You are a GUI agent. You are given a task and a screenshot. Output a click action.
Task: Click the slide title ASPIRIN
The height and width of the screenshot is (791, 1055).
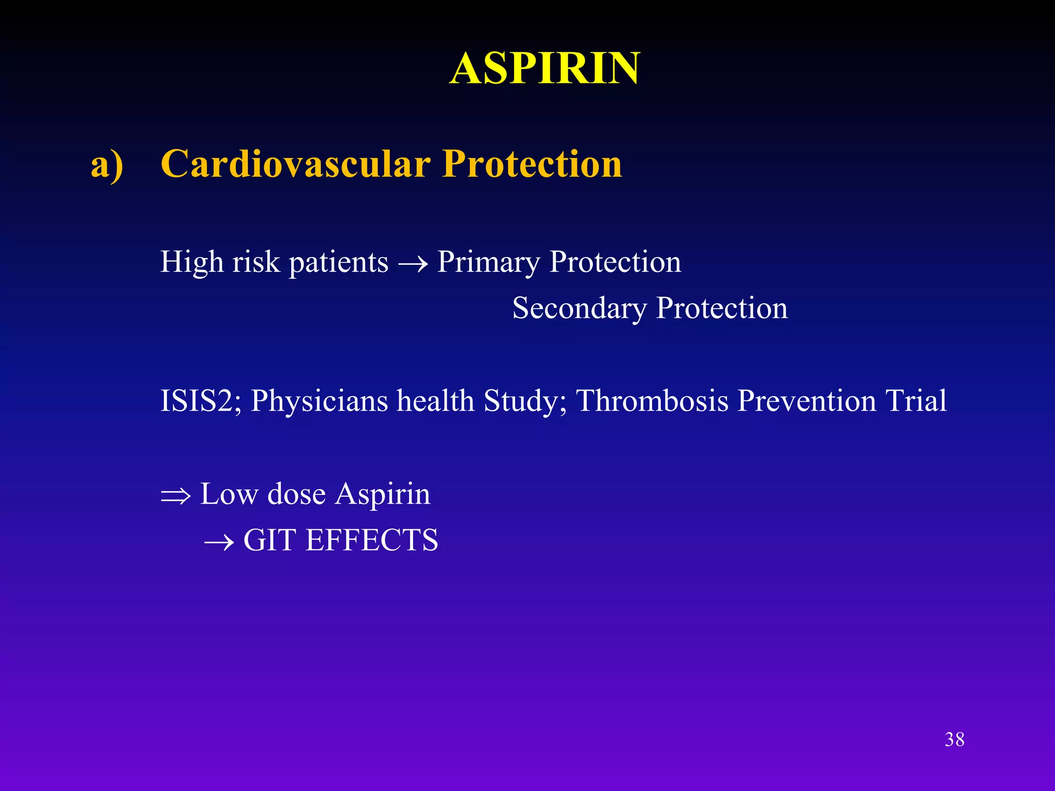tap(544, 68)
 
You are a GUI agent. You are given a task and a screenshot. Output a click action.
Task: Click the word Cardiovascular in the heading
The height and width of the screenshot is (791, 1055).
tap(296, 164)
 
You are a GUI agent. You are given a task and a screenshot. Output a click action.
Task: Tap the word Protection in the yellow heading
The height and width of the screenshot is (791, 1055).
tap(532, 164)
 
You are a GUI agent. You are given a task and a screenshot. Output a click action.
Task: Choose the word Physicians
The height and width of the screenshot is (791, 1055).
tap(319, 401)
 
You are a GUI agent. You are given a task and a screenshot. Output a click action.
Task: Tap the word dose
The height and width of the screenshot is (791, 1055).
tap(296, 494)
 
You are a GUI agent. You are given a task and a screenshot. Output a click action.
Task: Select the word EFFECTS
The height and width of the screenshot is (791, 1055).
tap(371, 541)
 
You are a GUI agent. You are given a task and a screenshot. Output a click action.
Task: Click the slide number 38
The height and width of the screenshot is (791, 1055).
tap(955, 740)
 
